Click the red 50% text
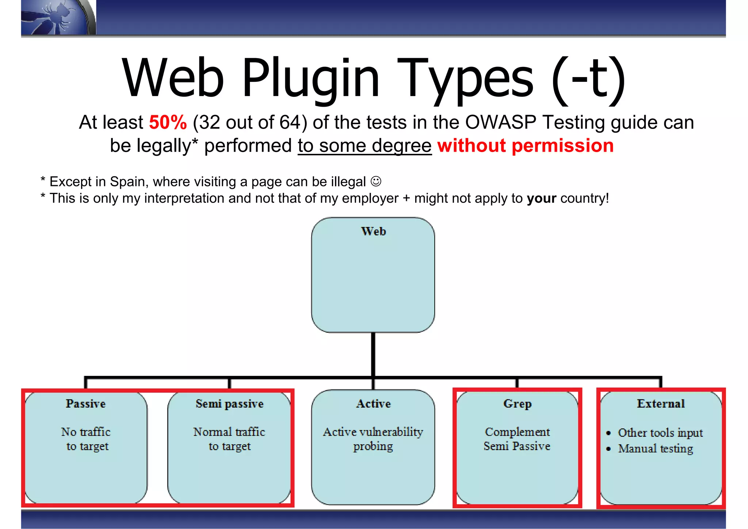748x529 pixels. point(168,122)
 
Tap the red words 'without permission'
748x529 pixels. point(525,146)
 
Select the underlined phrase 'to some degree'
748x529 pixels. point(365,146)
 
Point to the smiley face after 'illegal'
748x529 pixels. point(376,181)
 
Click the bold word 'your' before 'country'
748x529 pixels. point(541,198)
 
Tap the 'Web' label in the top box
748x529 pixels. point(373,231)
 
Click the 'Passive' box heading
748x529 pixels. point(85,404)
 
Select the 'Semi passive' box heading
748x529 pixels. point(229,404)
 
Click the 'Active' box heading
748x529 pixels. point(373,404)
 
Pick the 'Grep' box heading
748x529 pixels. point(517,404)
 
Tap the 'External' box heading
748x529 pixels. point(661,404)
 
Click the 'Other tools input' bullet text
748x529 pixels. point(660,433)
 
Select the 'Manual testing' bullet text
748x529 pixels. point(655,449)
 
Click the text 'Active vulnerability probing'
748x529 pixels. point(373,439)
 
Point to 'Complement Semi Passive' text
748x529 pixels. point(517,439)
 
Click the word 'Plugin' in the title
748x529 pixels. point(310,79)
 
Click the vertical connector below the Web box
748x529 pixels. point(373,354)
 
